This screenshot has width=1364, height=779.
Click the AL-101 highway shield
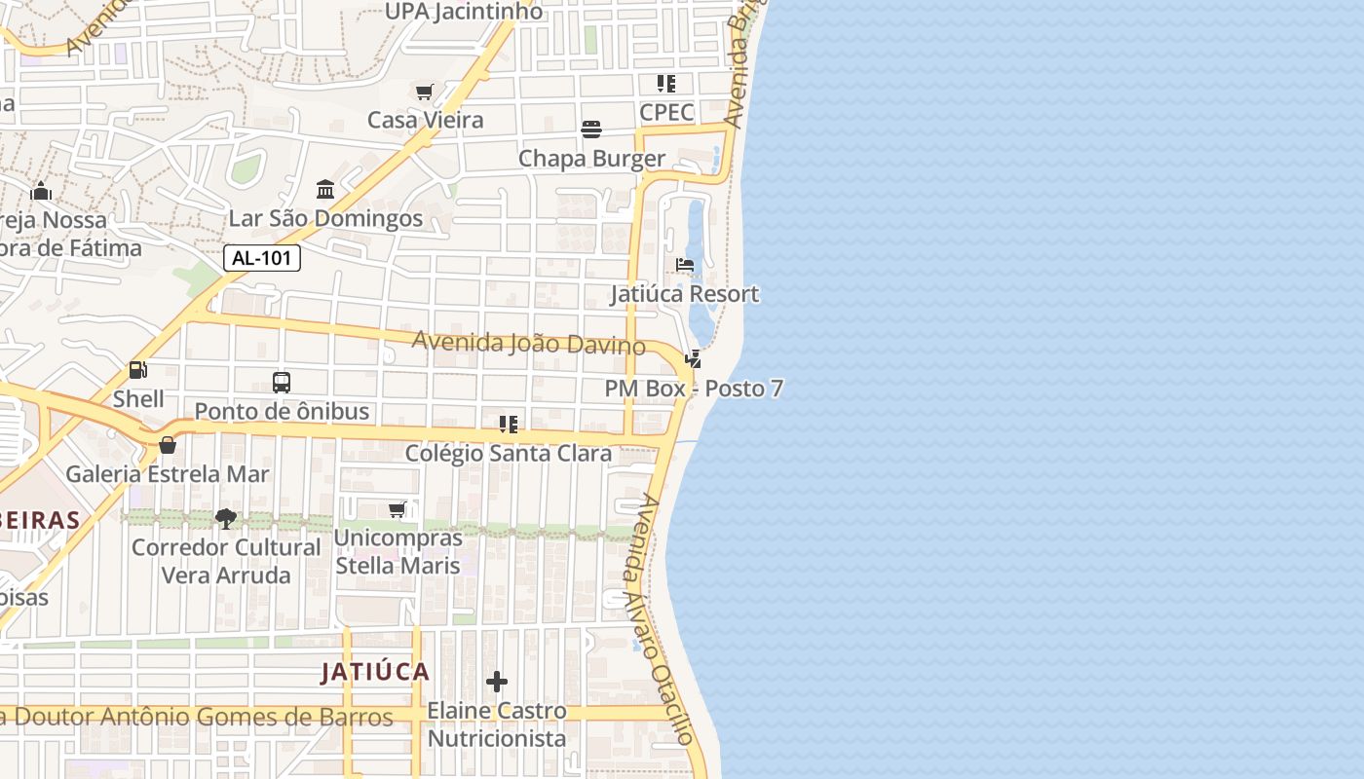pyautogui.click(x=262, y=258)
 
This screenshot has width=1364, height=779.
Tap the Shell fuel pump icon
pyautogui.click(x=138, y=370)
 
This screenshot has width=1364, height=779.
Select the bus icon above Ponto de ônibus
pyautogui.click(x=282, y=383)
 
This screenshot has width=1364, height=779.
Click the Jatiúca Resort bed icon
pyautogui.click(x=685, y=265)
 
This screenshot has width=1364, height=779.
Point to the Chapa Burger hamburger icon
pyautogui.click(x=591, y=130)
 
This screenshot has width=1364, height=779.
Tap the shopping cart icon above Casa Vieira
pyautogui.click(x=425, y=93)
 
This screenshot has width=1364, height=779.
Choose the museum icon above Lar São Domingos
pyautogui.click(x=325, y=189)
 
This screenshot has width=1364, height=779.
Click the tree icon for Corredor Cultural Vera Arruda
pyautogui.click(x=226, y=518)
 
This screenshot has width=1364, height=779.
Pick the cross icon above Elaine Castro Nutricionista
pyautogui.click(x=497, y=682)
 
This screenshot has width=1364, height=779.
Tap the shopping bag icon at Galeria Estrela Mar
pyautogui.click(x=168, y=445)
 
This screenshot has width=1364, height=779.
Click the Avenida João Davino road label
pyautogui.click(x=528, y=344)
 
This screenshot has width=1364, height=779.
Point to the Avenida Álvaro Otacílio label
pyautogui.click(x=663, y=619)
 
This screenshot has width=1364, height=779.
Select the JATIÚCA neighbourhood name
pyautogui.click(x=376, y=672)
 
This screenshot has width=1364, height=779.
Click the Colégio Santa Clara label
pyautogui.click(x=509, y=453)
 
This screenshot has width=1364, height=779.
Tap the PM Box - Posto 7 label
pyautogui.click(x=694, y=389)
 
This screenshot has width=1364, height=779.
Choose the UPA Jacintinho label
pyautogui.click(x=464, y=12)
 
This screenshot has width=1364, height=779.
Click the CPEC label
pyautogui.click(x=666, y=111)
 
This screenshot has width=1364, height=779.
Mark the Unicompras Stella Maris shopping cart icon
pyautogui.click(x=398, y=509)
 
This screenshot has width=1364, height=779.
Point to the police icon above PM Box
pyautogui.click(x=694, y=359)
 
